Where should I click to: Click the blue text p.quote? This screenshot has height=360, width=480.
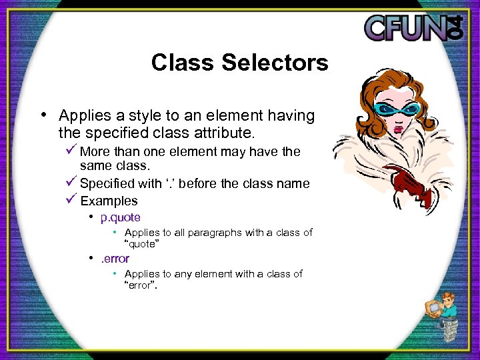[120, 217]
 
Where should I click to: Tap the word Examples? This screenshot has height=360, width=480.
[109, 201]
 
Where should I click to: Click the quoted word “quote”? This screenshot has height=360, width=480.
[141, 243]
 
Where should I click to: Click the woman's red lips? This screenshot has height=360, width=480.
[399, 131]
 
